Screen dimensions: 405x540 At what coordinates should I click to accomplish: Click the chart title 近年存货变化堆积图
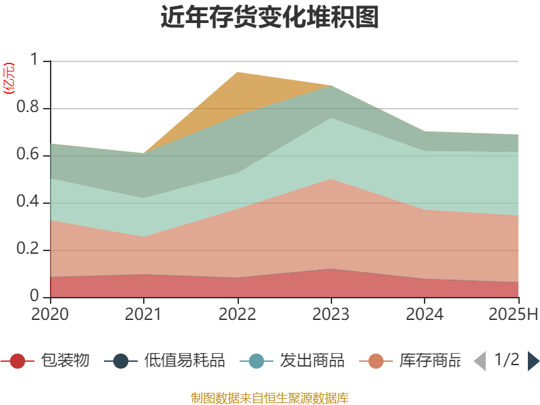coord(270,18)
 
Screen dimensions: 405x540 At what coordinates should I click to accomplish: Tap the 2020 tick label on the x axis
coord(50,314)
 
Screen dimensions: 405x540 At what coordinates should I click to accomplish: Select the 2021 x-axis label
coord(144,314)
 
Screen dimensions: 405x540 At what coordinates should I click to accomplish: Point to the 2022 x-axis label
coord(238,314)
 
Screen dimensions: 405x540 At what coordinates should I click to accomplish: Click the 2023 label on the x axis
coord(331,314)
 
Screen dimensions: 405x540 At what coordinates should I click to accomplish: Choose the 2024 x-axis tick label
coord(425,314)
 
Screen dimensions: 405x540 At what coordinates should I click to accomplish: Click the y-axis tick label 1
coord(36,60)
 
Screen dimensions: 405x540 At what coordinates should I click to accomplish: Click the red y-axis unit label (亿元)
coord(9,78)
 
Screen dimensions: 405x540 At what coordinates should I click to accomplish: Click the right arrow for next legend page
coord(533,361)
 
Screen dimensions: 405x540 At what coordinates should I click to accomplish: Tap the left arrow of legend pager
coord(480,361)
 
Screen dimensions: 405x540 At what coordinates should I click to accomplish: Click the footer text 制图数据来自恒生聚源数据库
coord(270,398)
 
